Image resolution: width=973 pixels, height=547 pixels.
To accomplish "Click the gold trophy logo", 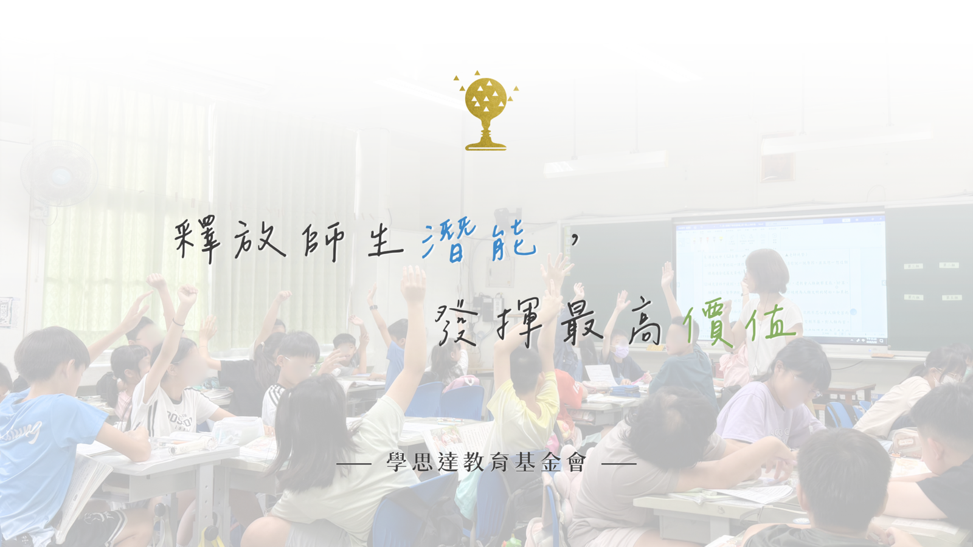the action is [x=486, y=111].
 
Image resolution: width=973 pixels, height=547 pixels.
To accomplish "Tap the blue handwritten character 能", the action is [x=513, y=241].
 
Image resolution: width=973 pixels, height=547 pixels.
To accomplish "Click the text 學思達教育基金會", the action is [x=486, y=462].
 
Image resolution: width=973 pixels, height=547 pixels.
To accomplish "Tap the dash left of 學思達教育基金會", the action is [x=353, y=464].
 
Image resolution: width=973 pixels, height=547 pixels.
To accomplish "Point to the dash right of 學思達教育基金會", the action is [x=619, y=464].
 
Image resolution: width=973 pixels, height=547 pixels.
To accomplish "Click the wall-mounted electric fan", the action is [x=60, y=174].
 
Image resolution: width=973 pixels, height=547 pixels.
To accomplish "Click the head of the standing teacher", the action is [x=767, y=271].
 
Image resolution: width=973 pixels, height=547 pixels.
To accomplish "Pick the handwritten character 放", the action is [x=260, y=240].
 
